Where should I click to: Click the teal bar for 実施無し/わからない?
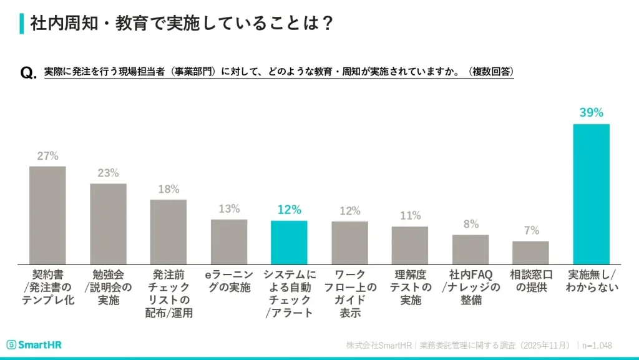[591, 194]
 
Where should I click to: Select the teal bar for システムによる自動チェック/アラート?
[289, 242]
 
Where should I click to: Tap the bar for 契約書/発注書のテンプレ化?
[47, 215]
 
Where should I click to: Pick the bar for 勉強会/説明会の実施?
[108, 223]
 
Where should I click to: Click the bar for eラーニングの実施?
[229, 241]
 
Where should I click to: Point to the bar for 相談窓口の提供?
[530, 252]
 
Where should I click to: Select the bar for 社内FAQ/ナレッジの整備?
[471, 249]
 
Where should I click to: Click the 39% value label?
[591, 113]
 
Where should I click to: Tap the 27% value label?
[47, 156]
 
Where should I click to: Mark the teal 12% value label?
[289, 210]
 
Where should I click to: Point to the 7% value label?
[531, 230]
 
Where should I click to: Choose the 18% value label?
[168, 189]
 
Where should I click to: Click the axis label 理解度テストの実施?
[410, 287]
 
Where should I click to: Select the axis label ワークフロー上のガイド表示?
[350, 293]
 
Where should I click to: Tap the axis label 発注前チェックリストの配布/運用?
[168, 293]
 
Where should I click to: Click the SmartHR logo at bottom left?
[34, 345]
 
